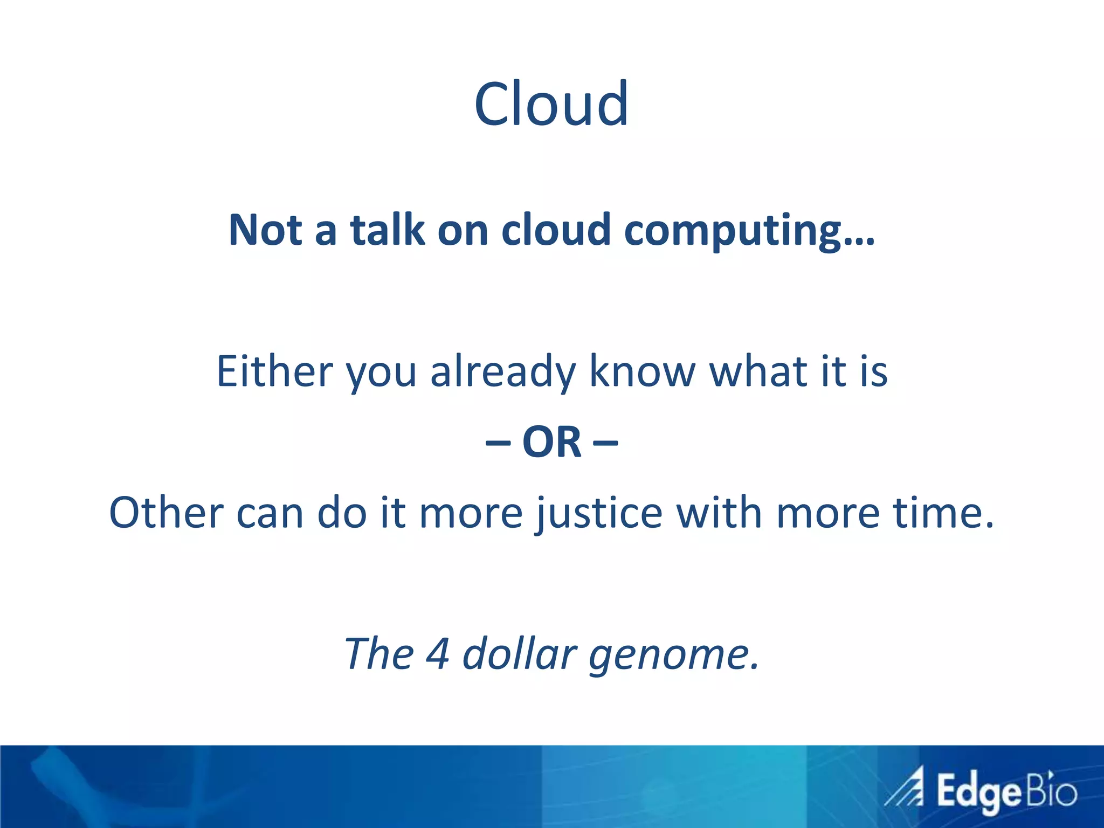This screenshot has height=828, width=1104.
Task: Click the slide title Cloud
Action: [x=551, y=103]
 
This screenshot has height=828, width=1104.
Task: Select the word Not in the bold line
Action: [x=265, y=230]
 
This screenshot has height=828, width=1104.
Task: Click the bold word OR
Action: [x=552, y=442]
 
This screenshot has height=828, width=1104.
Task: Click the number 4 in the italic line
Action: [x=437, y=653]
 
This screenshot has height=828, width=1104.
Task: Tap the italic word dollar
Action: [x=520, y=653]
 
